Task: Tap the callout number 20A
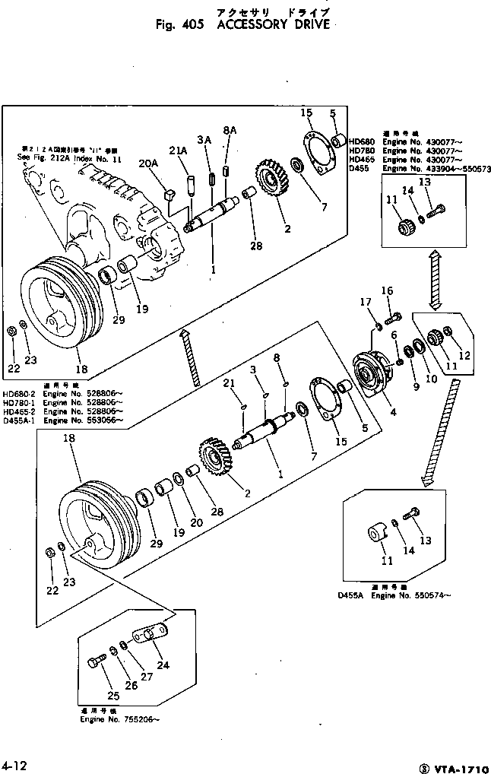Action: pos(149,163)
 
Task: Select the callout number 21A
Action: pos(178,151)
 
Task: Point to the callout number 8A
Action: pos(230,131)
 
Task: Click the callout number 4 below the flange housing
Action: pos(393,414)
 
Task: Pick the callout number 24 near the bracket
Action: pos(163,665)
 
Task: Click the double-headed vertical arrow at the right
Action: pos(436,281)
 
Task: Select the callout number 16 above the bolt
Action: pos(387,290)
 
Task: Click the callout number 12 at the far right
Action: pos(464,356)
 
